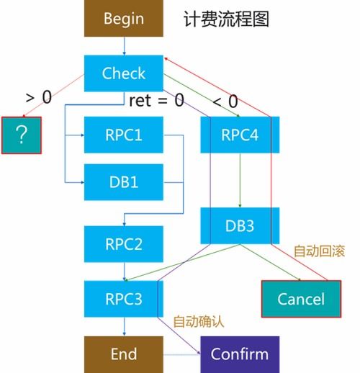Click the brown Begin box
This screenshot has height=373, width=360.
[124, 19]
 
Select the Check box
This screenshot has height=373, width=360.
[124, 73]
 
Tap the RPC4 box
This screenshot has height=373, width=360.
[239, 135]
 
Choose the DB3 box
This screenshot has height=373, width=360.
[239, 225]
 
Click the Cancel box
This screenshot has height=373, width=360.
[301, 299]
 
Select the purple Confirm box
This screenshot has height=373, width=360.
[239, 354]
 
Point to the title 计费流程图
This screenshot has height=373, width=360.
[226, 19]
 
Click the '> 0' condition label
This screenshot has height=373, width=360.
[38, 97]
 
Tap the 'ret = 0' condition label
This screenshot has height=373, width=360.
[158, 100]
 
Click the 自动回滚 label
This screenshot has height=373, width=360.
[319, 251]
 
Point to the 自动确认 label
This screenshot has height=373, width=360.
[199, 320]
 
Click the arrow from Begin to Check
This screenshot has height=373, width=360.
[124, 45]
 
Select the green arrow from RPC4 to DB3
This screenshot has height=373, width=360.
[239, 180]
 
